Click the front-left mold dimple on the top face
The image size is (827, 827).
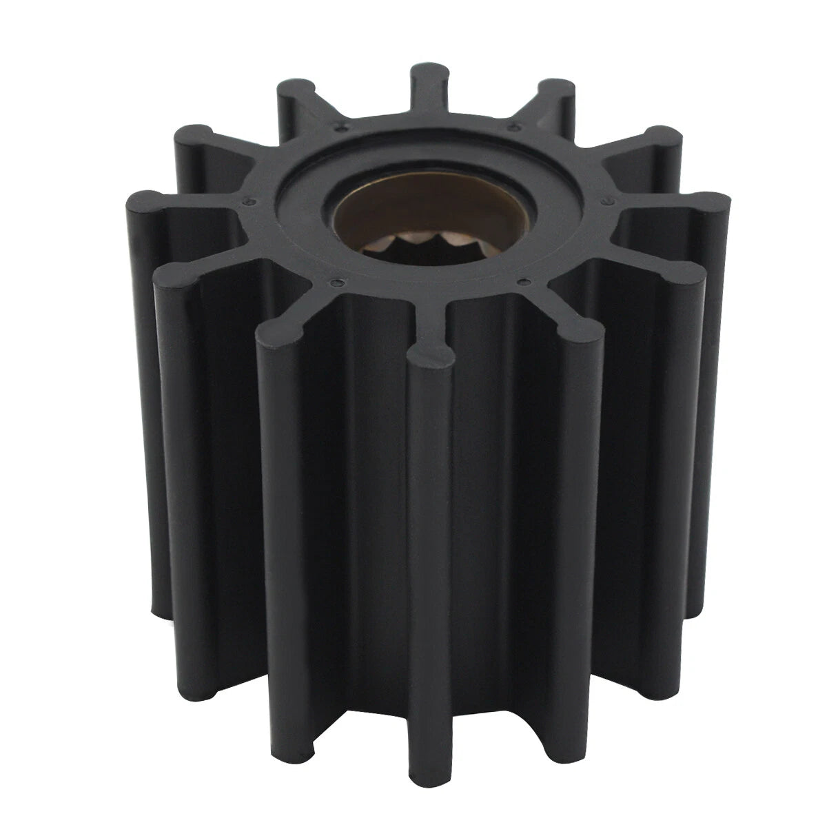(336, 282)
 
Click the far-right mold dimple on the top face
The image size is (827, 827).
(606, 201)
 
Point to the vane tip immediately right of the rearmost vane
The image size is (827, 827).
(555, 90)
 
